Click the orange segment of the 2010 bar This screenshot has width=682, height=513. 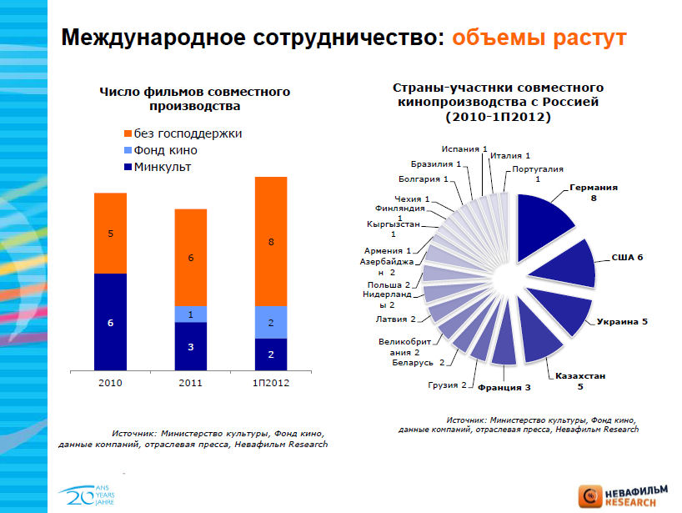pos(110,233)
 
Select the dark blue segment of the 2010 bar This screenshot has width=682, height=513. pos(110,321)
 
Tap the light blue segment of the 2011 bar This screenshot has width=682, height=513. pos(190,314)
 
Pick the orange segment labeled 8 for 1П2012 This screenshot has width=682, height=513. pos(270,241)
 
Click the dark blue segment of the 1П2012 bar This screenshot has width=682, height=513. pos(270,354)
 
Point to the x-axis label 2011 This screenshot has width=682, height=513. pos(190,382)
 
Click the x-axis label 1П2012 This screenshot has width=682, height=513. pos(270,382)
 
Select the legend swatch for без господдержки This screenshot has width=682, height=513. pos(127,134)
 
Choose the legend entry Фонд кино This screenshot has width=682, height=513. pos(165,150)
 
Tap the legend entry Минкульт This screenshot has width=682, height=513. pos(162,167)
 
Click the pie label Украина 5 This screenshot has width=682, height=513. pos(622,322)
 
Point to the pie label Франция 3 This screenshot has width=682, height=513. pos(504,387)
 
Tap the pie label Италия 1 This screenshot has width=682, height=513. pos(510,155)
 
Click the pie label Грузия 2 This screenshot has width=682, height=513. pos(447,385)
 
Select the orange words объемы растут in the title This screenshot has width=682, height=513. pos(538,38)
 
